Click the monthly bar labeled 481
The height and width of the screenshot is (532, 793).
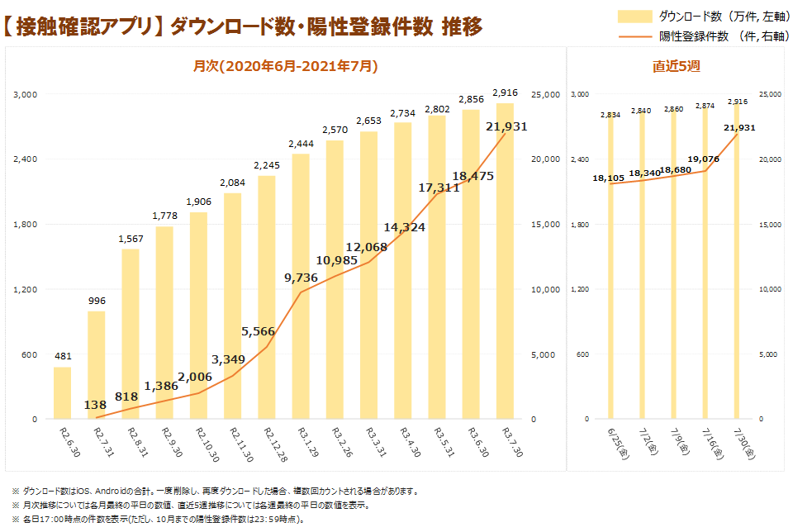pos(63,392)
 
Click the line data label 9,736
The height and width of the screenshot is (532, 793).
pos(301,278)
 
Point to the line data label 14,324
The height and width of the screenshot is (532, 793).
pos(404,226)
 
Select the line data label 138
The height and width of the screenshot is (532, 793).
pos(96,406)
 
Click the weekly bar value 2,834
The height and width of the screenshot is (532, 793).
pos(610,115)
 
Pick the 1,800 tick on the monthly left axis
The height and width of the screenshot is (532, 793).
pos(27,224)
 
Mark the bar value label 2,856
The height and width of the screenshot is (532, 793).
pos(471,99)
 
